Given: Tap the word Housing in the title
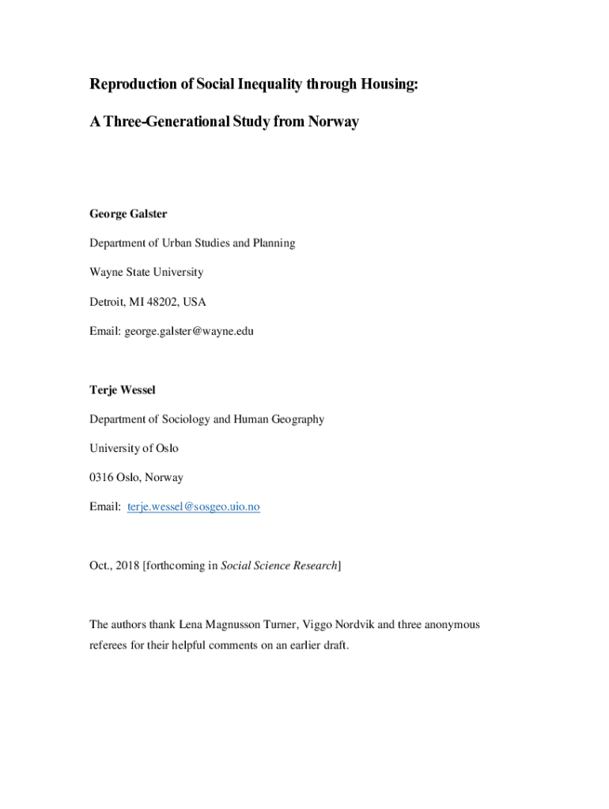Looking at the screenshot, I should coord(385,85).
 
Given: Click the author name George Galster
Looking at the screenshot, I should coord(128,214).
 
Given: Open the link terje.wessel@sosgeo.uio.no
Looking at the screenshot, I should coord(193,506).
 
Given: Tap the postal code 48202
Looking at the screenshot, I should coord(162,302).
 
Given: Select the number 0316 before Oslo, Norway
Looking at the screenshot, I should coord(102,477).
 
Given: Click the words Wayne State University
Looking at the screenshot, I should coord(146,273).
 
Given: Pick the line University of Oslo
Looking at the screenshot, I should coord(134,448).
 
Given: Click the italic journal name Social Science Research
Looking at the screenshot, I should coord(278,566).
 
